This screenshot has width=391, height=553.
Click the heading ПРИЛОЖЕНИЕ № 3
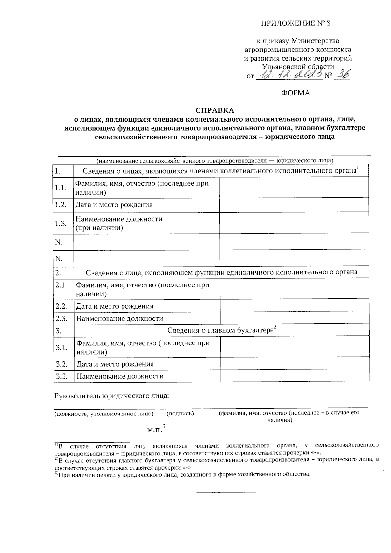click(296, 23)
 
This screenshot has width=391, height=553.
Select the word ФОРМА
click(296, 93)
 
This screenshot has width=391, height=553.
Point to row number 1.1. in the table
click(61, 188)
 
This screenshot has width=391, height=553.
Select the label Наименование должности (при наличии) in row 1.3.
click(119, 223)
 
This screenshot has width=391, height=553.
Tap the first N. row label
click(59, 242)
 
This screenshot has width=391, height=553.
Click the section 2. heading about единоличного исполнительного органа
click(221, 272)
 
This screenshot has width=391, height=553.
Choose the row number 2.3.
click(61, 318)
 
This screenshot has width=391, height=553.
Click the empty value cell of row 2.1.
click(295, 289)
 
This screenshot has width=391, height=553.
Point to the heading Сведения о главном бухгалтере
click(220, 330)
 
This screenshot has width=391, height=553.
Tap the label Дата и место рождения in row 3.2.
click(115, 364)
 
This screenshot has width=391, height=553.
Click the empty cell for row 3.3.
click(295, 376)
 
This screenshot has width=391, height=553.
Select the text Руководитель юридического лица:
click(112, 396)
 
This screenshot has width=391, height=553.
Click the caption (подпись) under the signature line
click(180, 414)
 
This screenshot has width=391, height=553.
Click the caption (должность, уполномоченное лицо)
click(104, 414)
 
